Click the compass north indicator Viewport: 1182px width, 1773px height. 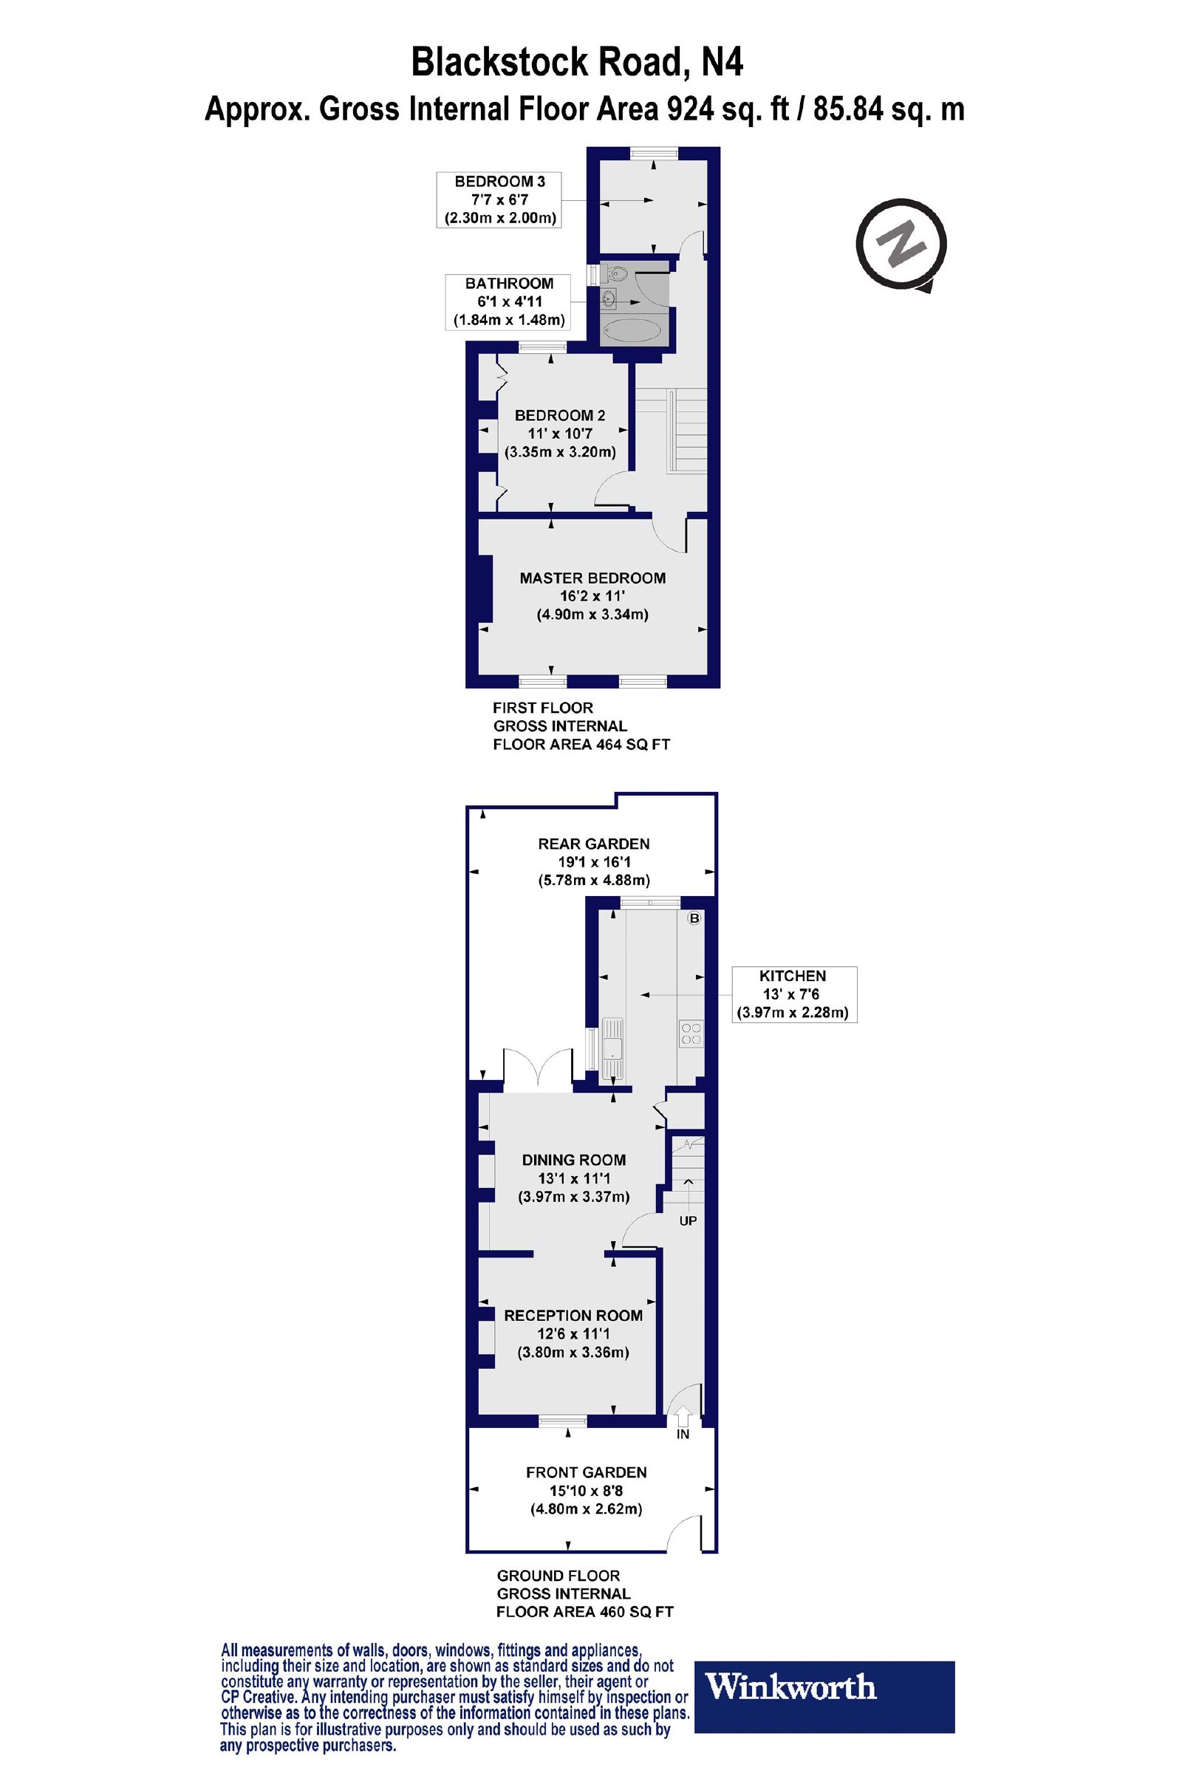click(900, 245)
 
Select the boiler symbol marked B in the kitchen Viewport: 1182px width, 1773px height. click(694, 918)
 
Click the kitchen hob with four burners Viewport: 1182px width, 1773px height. click(691, 1033)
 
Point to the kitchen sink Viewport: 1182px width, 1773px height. click(613, 1046)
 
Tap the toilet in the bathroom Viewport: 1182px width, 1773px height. click(615, 273)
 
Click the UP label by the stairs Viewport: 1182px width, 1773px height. click(688, 1220)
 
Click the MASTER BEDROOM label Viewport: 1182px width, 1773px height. click(592, 578)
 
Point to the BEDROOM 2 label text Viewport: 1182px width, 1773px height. click(559, 415)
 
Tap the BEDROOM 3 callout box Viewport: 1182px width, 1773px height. click(499, 199)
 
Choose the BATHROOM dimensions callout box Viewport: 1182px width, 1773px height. click(509, 301)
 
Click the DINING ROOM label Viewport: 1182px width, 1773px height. click(574, 1159)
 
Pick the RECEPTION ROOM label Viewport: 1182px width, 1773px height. click(573, 1316)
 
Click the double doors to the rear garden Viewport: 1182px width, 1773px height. click(537, 1069)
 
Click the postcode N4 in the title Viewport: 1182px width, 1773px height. click(722, 63)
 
